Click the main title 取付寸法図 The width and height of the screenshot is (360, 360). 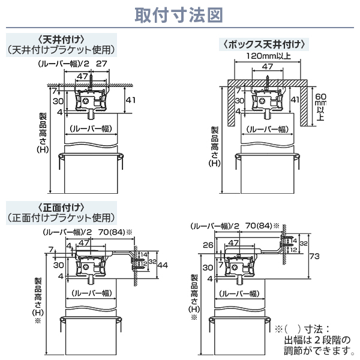pyautogui.click(x=179, y=14)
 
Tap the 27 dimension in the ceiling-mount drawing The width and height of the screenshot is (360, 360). pyautogui.click(x=101, y=64)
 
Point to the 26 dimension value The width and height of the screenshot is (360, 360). pyautogui.click(x=208, y=245)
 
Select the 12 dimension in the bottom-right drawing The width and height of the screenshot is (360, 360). pyautogui.click(x=294, y=250)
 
